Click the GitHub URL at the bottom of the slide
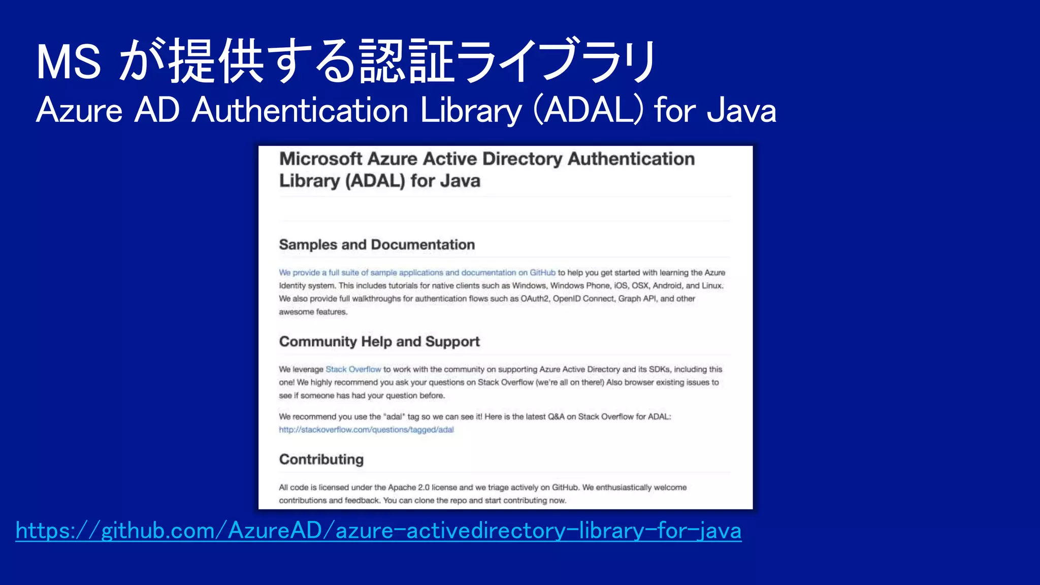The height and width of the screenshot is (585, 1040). pyautogui.click(x=378, y=531)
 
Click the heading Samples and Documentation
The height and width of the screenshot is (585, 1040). pyautogui.click(x=377, y=245)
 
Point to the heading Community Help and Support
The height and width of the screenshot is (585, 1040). pyautogui.click(x=379, y=342)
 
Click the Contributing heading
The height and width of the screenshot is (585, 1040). pyautogui.click(x=321, y=460)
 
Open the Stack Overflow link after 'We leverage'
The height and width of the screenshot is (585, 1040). pyautogui.click(x=353, y=369)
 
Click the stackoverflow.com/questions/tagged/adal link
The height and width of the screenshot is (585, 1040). pyautogui.click(x=366, y=430)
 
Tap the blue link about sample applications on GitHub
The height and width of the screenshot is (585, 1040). pyautogui.click(x=417, y=273)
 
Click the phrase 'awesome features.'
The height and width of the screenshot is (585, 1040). pyautogui.click(x=313, y=312)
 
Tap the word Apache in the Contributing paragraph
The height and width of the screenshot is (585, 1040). pyautogui.click(x=402, y=487)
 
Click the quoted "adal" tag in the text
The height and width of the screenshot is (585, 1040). pyautogui.click(x=394, y=416)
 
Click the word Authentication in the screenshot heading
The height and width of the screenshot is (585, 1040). pyautogui.click(x=631, y=159)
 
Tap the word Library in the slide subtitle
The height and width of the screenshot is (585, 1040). pyautogui.click(x=471, y=110)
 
